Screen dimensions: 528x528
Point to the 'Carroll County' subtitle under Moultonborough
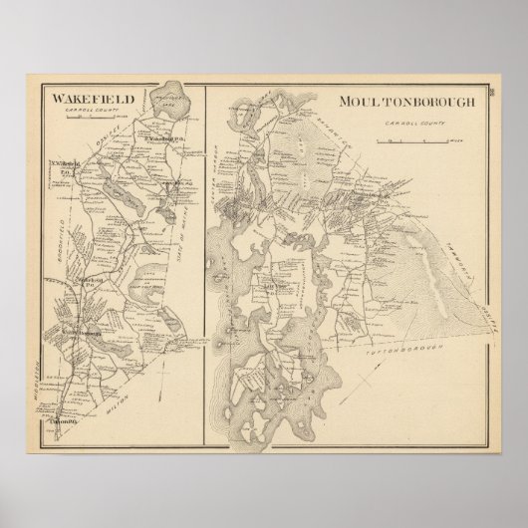[x=405, y=126]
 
